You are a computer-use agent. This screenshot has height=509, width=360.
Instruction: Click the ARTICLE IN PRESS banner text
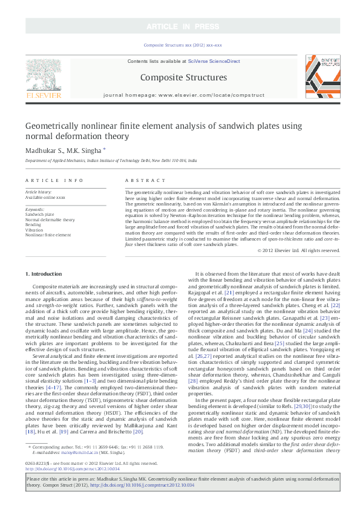pos(180,26)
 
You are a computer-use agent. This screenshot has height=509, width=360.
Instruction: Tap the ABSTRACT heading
pos(141,181)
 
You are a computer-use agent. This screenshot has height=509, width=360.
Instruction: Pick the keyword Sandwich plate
pos(39,215)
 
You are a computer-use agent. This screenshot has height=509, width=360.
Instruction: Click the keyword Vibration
pos(34,230)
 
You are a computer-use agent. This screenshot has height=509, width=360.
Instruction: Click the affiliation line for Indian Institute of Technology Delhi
pos(111,161)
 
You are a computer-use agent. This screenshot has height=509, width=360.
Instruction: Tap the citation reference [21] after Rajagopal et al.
pos(226,308)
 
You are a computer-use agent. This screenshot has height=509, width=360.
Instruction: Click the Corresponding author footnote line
pos(96,464)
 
